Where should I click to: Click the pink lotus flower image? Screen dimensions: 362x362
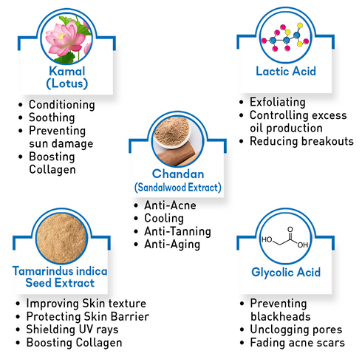pyautogui.click(x=66, y=38)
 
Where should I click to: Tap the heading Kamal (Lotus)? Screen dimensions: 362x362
pyautogui.click(x=67, y=78)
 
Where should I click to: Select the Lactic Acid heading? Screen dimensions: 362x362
pyautogui.click(x=286, y=71)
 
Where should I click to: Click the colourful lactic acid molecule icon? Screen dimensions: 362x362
pyautogui.click(x=286, y=37)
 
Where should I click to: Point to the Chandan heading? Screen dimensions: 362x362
pyautogui.click(x=178, y=174)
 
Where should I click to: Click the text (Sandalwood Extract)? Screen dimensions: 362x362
pyautogui.click(x=178, y=188)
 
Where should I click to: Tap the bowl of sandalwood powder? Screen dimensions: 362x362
pyautogui.click(x=171, y=132)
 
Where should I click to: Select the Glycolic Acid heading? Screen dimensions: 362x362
pyautogui.click(x=286, y=273)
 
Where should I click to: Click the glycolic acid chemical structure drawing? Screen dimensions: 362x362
pyautogui.click(x=285, y=238)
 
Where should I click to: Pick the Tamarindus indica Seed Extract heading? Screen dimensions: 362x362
pyautogui.click(x=60, y=277)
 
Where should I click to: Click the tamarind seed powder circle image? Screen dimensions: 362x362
pyautogui.click(x=61, y=238)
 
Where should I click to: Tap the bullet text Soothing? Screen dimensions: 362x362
pyautogui.click(x=52, y=117)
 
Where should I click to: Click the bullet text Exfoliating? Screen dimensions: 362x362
pyautogui.click(x=278, y=102)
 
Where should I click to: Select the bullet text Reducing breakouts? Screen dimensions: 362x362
pyautogui.click(x=301, y=141)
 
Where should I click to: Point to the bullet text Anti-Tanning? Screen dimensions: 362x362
pyautogui.click(x=177, y=231)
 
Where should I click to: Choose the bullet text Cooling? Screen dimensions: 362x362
pyautogui.click(x=164, y=219)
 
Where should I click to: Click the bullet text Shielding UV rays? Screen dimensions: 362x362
pyautogui.click(x=72, y=329)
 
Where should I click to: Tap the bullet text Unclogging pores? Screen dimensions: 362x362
pyautogui.click(x=296, y=329)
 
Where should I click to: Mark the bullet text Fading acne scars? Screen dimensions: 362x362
pyautogui.click(x=298, y=343)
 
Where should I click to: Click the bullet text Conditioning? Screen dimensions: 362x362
pyautogui.click(x=62, y=105)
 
